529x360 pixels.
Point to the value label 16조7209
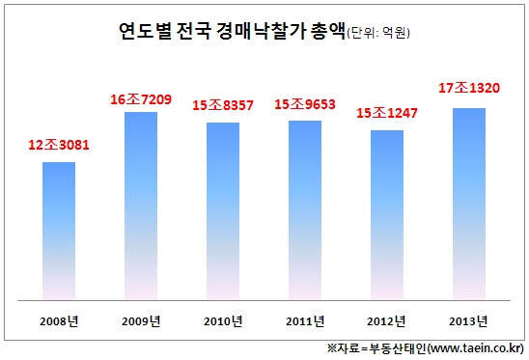[140, 98]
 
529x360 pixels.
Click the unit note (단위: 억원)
[378, 34]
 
